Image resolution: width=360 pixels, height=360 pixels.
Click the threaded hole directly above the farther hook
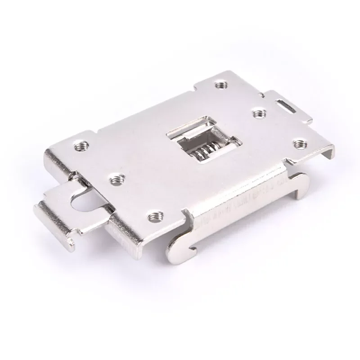297,143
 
